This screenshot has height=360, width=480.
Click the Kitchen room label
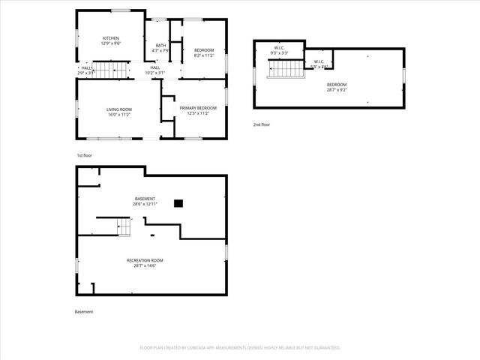(111, 38)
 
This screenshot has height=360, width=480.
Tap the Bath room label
(160, 45)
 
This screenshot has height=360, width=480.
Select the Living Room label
(118, 109)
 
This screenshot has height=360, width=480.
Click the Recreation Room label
(144, 260)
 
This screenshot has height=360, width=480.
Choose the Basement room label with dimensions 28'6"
(145, 199)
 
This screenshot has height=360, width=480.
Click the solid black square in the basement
(178, 202)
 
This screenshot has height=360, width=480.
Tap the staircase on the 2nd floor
(283, 69)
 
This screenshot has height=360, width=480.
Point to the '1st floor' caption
(84, 155)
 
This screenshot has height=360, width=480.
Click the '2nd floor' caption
(261, 124)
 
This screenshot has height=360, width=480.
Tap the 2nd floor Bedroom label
(337, 84)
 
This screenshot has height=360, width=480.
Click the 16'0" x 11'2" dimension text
(118, 115)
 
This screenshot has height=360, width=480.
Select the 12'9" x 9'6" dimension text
(111, 43)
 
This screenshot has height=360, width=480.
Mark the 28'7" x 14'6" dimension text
(144, 265)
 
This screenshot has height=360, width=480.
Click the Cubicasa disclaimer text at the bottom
(240, 348)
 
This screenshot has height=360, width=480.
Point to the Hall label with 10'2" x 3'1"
(154, 67)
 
